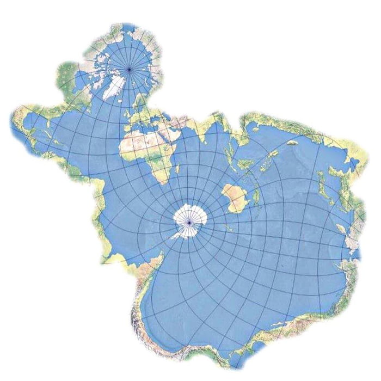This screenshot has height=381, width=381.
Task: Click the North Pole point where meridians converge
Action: [130, 69]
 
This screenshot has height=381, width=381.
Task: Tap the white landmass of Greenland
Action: [113, 87]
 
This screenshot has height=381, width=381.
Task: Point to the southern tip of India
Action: [209, 147]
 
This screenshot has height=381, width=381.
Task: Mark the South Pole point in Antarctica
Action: [189, 222]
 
